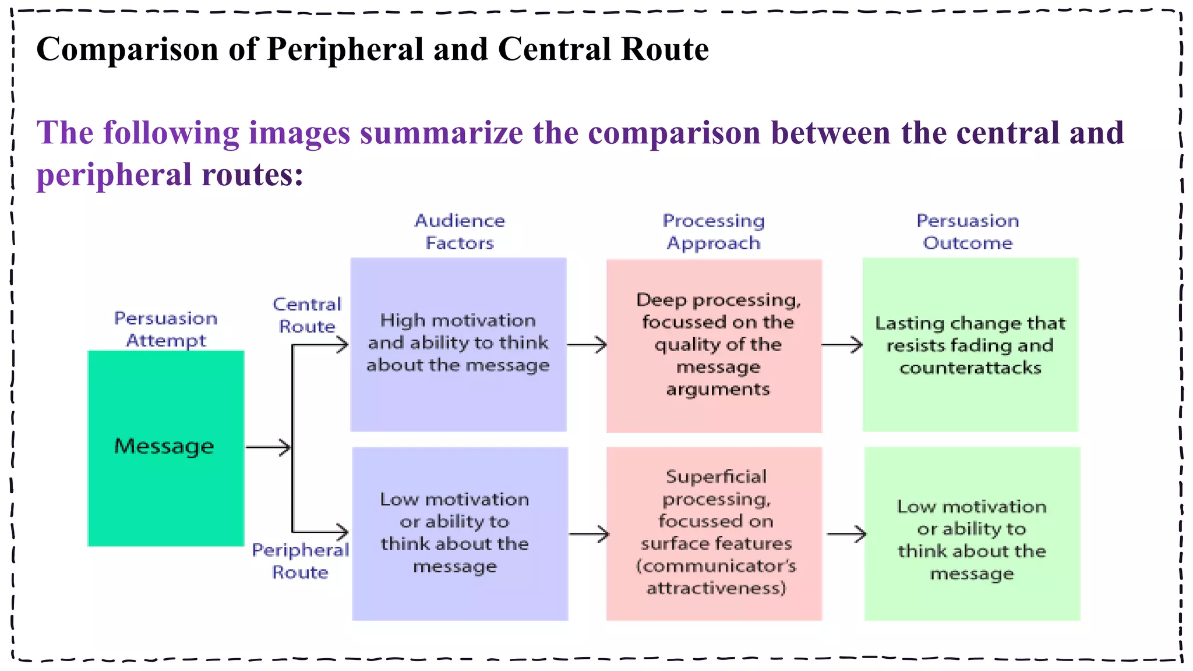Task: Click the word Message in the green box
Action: [164, 446]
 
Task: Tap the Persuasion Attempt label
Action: [165, 329]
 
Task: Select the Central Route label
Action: [307, 315]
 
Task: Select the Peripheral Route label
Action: [300, 561]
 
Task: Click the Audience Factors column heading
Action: [460, 232]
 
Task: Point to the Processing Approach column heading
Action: [714, 232]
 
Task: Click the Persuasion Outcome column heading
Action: [968, 232]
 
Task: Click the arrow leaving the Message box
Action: [268, 447]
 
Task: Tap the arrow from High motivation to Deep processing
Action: [587, 345]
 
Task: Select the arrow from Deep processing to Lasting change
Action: [842, 345]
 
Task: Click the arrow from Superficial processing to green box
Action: [846, 534]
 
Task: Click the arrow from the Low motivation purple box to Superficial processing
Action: [589, 534]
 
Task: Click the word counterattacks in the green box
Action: [970, 368]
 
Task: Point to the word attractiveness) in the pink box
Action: [716, 588]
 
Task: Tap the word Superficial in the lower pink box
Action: [716, 477]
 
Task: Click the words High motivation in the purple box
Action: [458, 320]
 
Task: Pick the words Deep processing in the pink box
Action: [718, 300]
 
